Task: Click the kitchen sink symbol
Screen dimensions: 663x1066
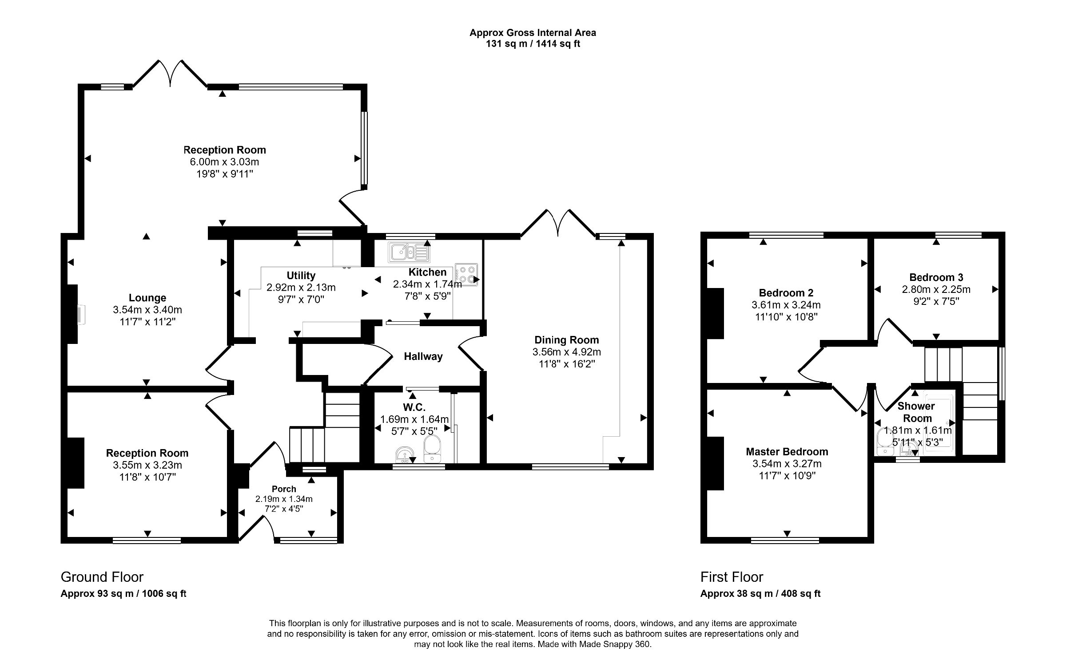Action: coord(409,253)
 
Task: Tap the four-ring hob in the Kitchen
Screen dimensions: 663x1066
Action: coord(466,274)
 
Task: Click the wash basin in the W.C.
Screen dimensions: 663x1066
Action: coord(404,455)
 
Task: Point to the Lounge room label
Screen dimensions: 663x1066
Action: coord(147,298)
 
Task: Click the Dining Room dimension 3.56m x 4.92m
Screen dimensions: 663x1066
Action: coord(566,352)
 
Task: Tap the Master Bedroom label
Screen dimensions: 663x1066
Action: coord(787,452)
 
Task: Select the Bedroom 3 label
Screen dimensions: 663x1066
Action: coord(936,277)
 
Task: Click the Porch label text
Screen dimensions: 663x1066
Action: coord(284,489)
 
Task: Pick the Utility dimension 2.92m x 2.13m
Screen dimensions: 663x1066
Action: coord(301,287)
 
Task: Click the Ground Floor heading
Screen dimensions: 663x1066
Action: coord(102,577)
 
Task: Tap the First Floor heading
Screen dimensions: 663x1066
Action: coord(732,577)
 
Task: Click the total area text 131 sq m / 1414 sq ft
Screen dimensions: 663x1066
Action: coord(533,44)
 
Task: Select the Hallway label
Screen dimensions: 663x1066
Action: coord(423,356)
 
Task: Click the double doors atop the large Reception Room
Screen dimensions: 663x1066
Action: coord(170,75)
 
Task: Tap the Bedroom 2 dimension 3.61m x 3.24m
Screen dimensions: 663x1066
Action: coord(786,305)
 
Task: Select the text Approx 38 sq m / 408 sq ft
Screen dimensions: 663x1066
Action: coord(760,594)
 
